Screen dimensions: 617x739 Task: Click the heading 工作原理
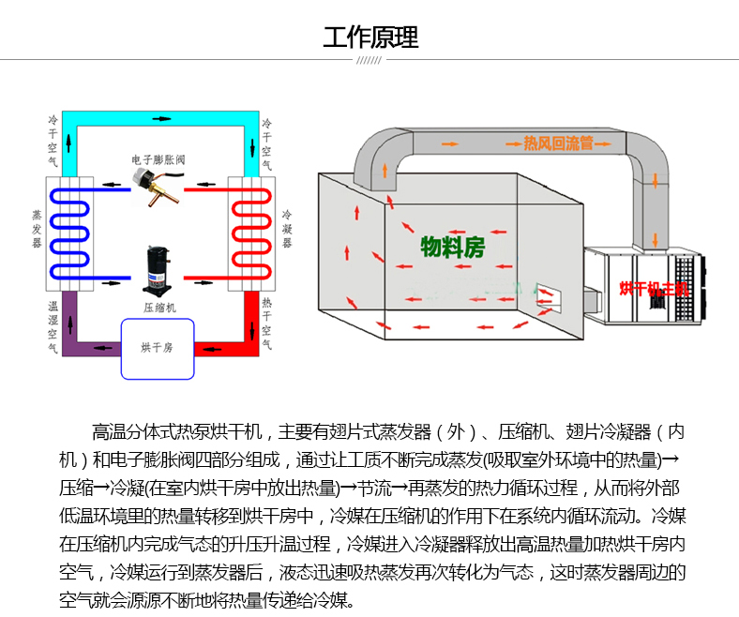coord(369,38)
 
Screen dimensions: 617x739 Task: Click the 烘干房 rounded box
coord(157,348)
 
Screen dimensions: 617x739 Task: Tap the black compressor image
coord(157,269)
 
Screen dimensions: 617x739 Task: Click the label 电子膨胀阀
coord(158,160)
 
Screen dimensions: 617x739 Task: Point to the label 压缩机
coord(158,307)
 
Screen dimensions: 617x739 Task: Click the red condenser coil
coord(250,232)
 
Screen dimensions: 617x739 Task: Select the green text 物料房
coord(452,248)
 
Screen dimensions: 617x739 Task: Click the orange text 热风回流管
coord(559,143)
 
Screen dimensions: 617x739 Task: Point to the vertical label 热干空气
coord(267,324)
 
